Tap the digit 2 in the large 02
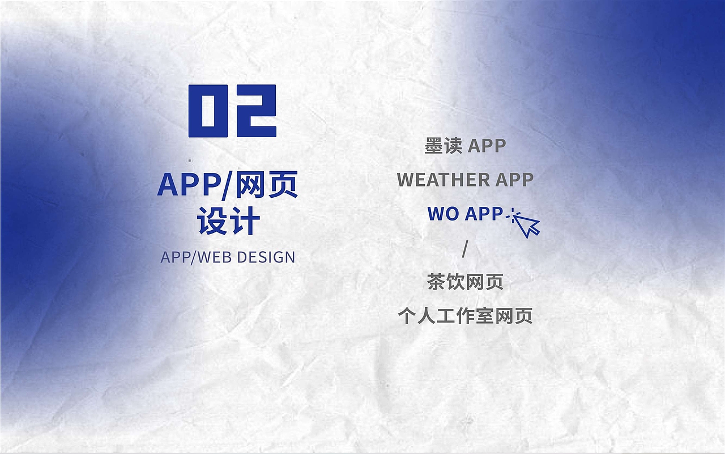point(254,111)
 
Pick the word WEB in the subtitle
point(215,257)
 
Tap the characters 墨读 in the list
point(443,146)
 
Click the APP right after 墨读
point(487,146)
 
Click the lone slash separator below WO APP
point(465,248)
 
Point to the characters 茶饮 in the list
point(446,282)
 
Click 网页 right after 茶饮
point(484,282)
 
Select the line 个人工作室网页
point(465,316)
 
